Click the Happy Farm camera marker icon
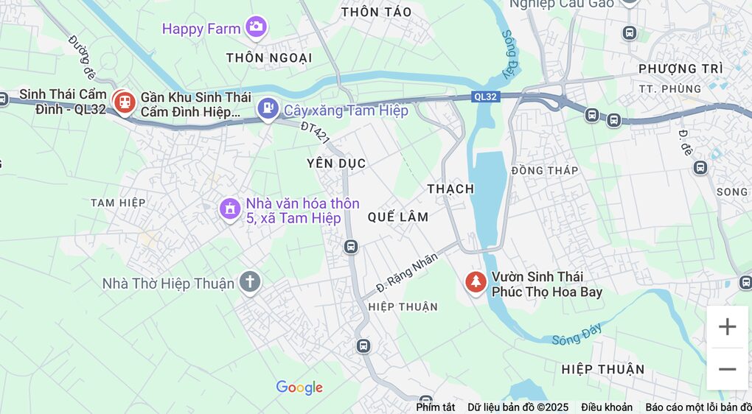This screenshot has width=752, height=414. pos(256,27)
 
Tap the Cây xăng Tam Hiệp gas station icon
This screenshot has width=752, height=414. pos(268,110)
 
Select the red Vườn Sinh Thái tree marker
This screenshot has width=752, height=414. pos(476,281)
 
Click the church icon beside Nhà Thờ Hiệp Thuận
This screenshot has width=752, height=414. pos(250,281)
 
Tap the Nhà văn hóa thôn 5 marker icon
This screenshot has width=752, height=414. pos(230,208)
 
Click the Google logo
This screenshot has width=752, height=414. pos(299,387)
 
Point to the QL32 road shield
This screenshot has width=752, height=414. pos(485,97)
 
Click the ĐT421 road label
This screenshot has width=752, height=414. pos(315,133)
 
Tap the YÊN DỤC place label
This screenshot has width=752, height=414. pos(336,163)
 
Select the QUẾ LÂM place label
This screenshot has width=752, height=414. pos(398,217)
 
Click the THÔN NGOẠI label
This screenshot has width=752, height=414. pos(269,57)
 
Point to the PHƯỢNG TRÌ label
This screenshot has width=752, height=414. pos(680,69)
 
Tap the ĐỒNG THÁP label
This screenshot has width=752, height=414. pos(544,170)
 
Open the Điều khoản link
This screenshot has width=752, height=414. pos(606,407)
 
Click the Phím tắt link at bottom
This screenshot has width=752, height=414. pos(435,407)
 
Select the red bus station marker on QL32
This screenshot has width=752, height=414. pos(123,102)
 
